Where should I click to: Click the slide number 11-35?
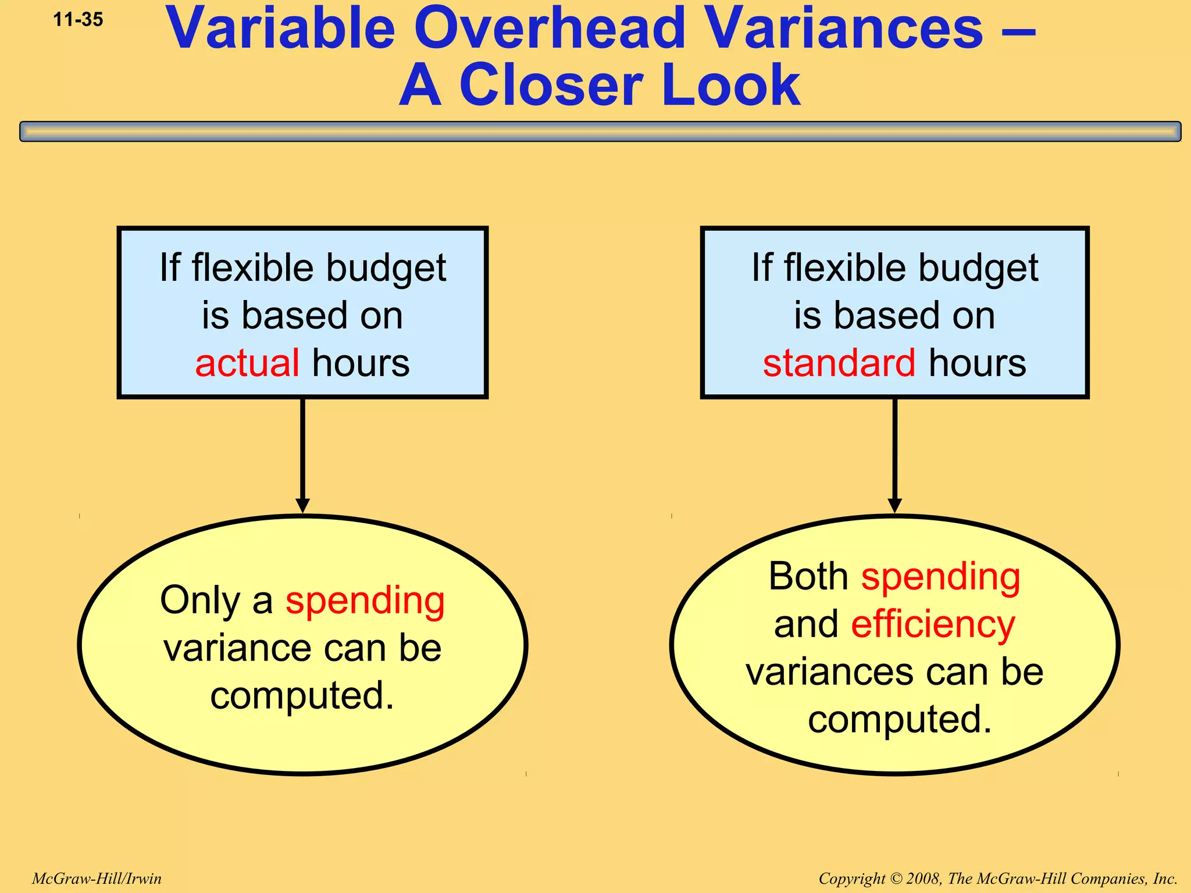(x=78, y=20)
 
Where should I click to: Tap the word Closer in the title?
(x=553, y=86)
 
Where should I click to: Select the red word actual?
(x=247, y=363)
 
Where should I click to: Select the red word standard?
(x=839, y=363)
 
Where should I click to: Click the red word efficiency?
(x=933, y=624)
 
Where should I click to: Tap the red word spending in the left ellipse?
(x=365, y=601)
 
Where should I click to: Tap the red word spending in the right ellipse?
(x=940, y=577)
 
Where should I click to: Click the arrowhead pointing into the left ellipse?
(x=302, y=505)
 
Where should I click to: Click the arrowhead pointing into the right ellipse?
(x=895, y=505)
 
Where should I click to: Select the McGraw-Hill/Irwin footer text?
(x=97, y=878)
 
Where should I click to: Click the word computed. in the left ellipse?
(x=302, y=696)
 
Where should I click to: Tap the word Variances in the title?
(x=845, y=29)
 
